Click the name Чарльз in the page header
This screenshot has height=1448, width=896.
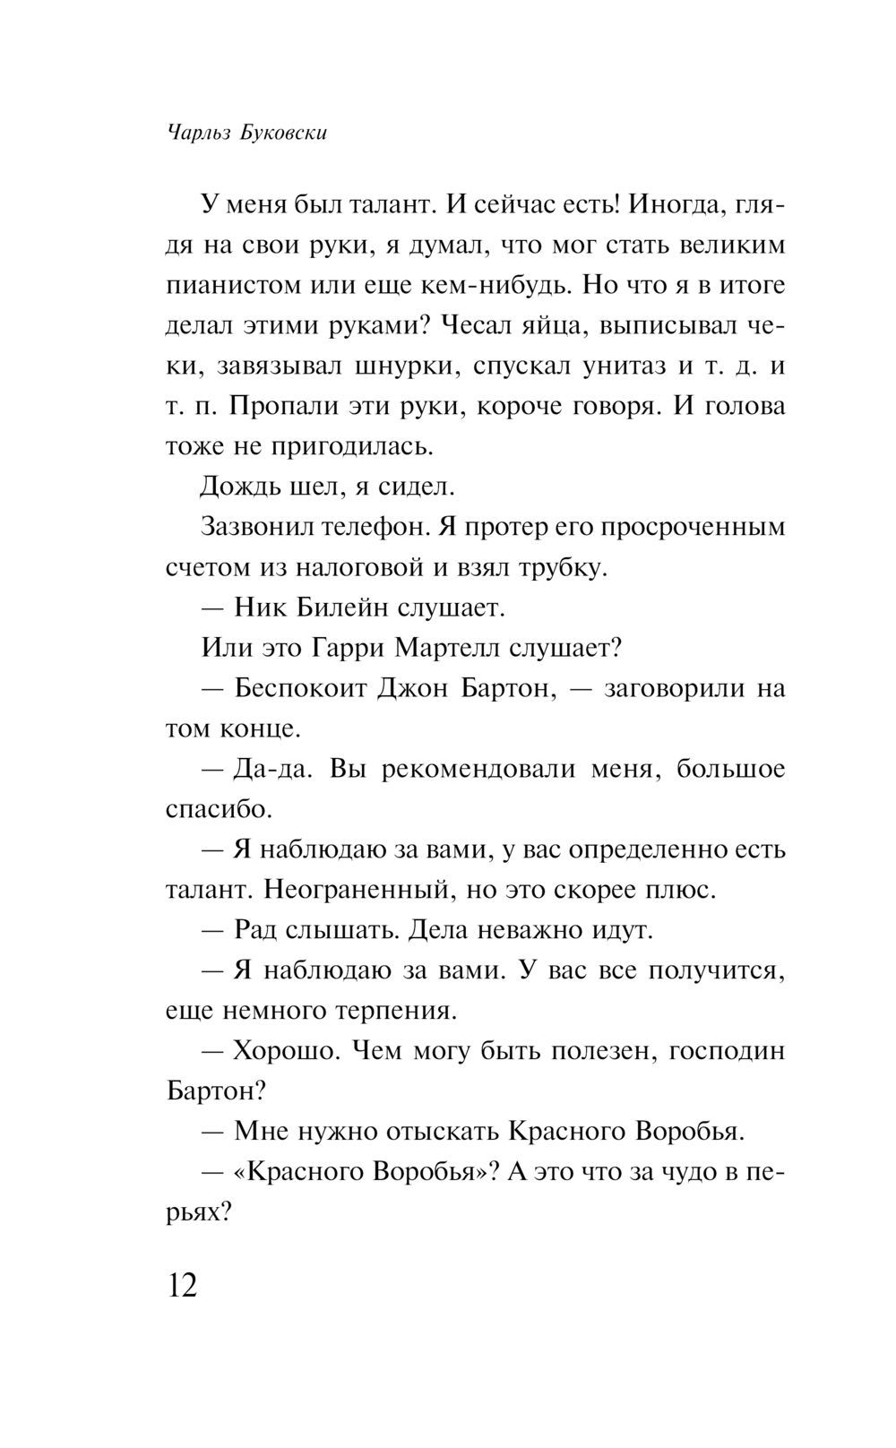[192, 134]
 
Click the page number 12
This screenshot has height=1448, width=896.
[181, 1286]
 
